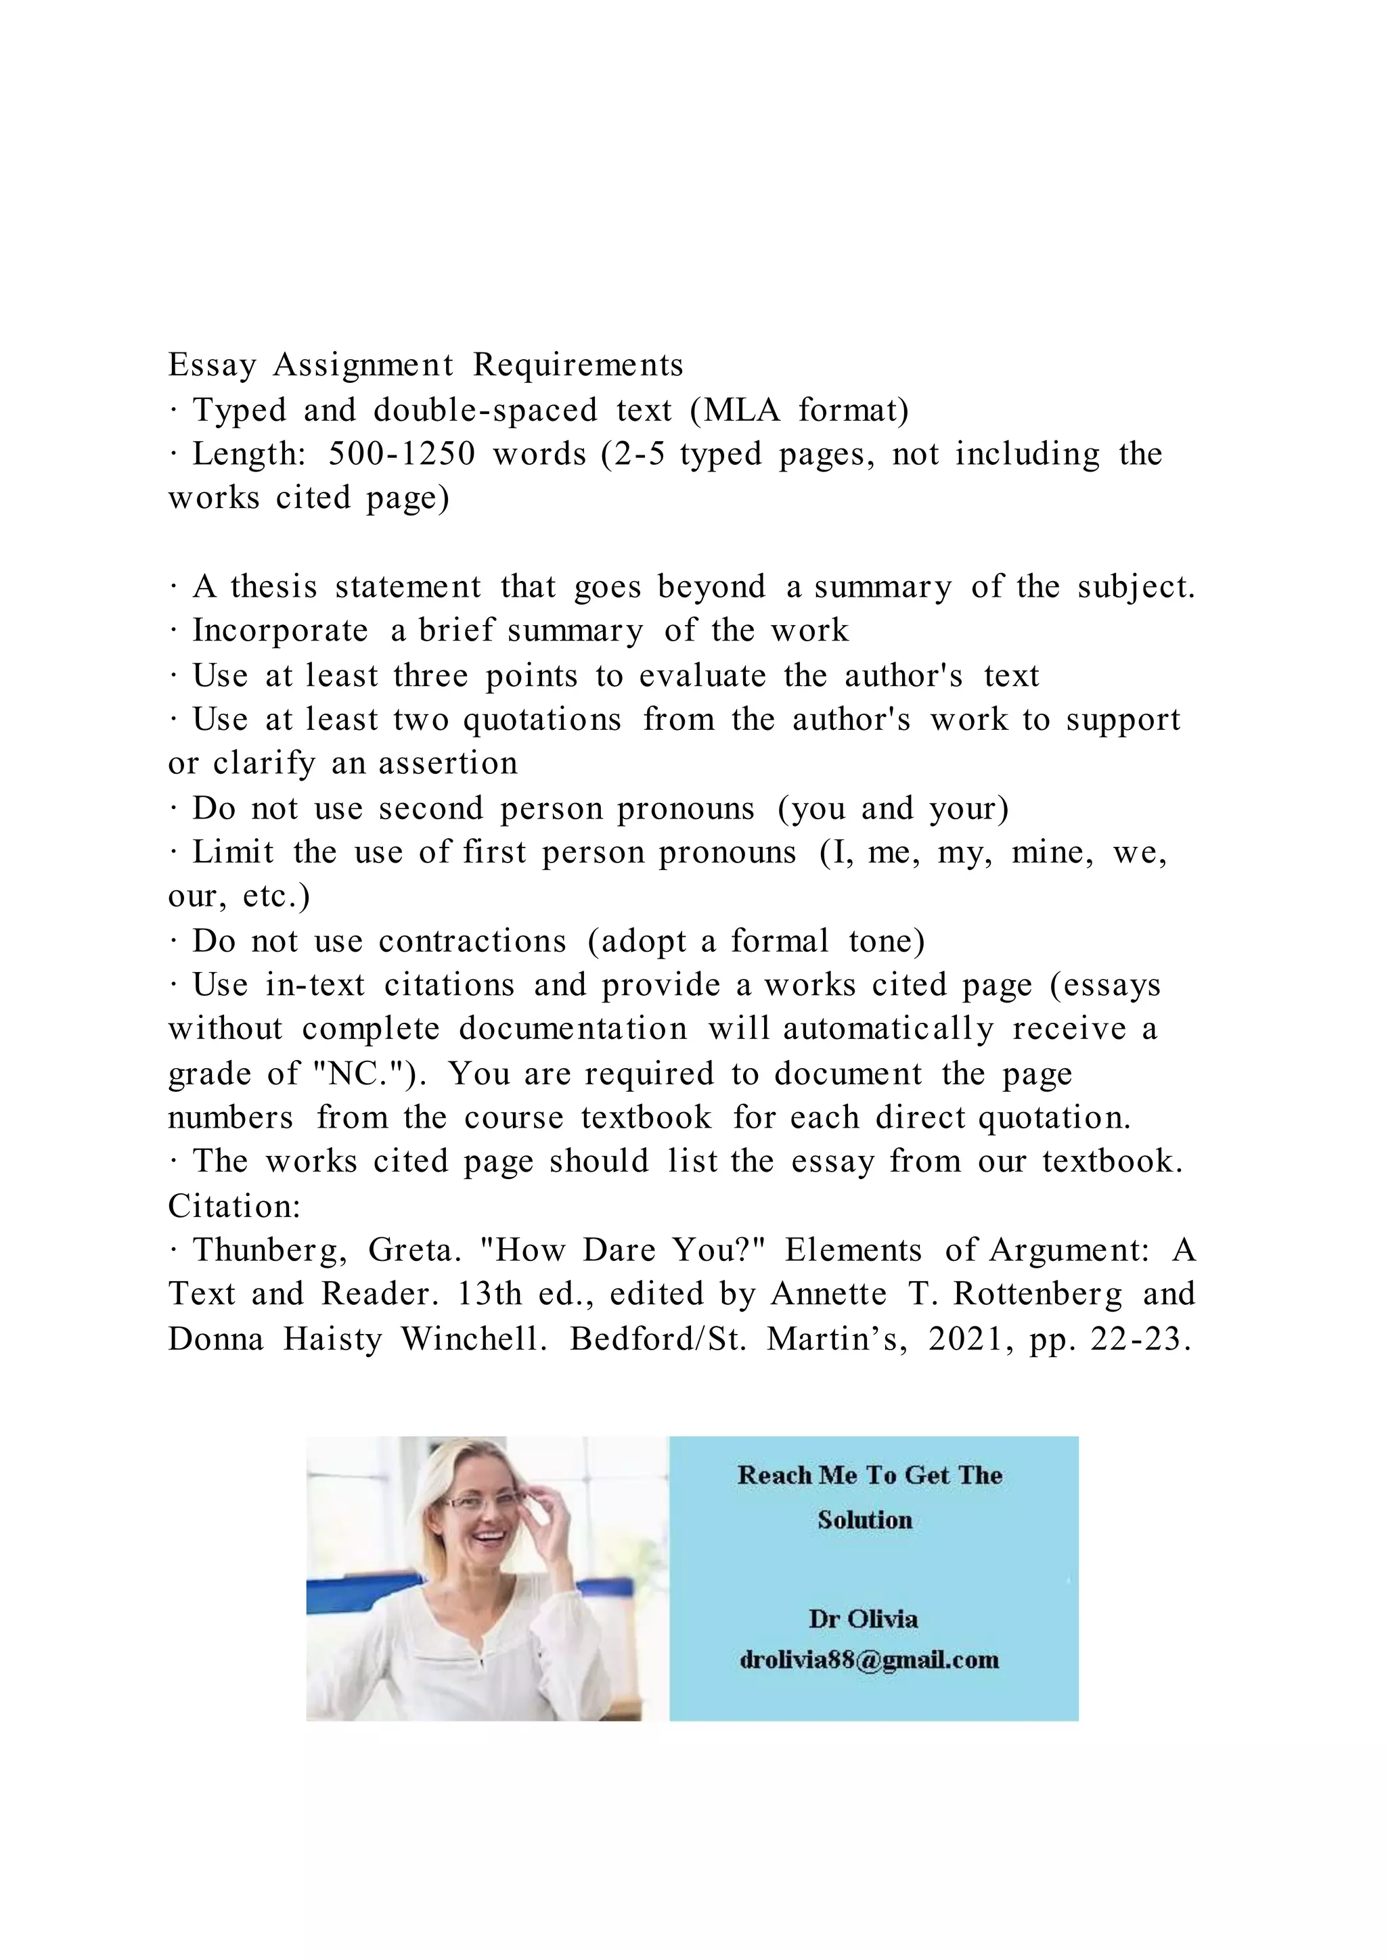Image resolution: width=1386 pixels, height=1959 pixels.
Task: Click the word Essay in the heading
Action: [212, 366]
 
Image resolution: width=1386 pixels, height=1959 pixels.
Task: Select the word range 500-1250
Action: [401, 454]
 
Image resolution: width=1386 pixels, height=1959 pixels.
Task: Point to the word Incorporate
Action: [280, 630]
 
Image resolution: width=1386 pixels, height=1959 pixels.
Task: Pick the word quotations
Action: [542, 719]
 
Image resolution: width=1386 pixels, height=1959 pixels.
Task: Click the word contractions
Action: [472, 941]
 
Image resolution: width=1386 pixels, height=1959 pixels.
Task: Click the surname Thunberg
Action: [270, 1251]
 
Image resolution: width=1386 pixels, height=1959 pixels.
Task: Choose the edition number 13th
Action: [489, 1294]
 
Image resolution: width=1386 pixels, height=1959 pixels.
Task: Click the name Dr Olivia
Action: [863, 1619]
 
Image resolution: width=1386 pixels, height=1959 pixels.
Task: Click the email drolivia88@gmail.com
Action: [869, 1659]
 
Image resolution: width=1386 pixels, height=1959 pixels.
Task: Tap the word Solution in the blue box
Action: [864, 1519]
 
